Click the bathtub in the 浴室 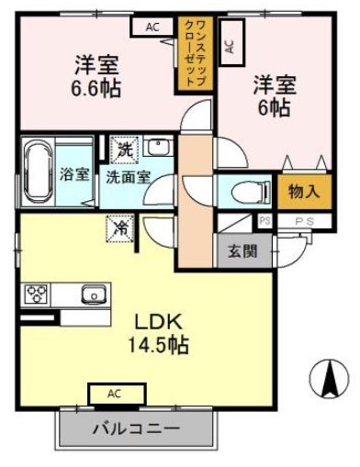click(39, 171)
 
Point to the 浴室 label click(75, 173)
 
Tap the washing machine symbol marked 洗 click(123, 148)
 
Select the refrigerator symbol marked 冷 click(119, 226)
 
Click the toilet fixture click(247, 192)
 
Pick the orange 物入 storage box click(302, 192)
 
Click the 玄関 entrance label click(242, 250)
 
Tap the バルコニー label click(136, 428)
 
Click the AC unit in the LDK click(115, 394)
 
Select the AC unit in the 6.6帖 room click(152, 28)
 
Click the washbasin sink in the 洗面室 click(156, 148)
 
